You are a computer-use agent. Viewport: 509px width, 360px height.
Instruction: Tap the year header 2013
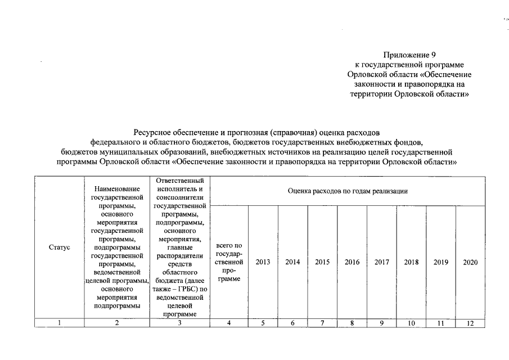pyautogui.click(x=263, y=262)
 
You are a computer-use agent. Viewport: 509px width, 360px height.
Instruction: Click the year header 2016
pyautogui.click(x=352, y=262)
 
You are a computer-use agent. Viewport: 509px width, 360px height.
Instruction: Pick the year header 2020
pyautogui.click(x=470, y=262)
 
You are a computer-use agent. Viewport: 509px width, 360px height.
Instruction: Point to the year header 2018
pyautogui.click(x=411, y=262)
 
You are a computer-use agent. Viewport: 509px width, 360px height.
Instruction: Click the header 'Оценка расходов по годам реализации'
pyautogui.click(x=348, y=191)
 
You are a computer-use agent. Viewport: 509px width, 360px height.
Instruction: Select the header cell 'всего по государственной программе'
pyautogui.click(x=229, y=262)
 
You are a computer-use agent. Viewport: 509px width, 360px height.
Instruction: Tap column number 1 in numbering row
pyautogui.click(x=59, y=323)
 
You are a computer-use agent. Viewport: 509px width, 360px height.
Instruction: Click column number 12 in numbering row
pyautogui.click(x=470, y=323)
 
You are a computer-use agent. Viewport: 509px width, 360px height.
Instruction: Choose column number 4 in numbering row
pyautogui.click(x=229, y=323)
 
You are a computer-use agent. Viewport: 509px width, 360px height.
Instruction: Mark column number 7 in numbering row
pyautogui.click(x=322, y=323)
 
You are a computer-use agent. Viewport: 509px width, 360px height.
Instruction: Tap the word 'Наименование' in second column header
pyautogui.click(x=116, y=190)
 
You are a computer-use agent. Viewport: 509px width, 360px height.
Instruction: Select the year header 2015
pyautogui.click(x=322, y=262)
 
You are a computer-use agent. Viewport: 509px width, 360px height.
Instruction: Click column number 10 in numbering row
pyautogui.click(x=411, y=323)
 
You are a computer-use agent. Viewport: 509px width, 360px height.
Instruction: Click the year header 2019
pyautogui.click(x=441, y=262)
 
